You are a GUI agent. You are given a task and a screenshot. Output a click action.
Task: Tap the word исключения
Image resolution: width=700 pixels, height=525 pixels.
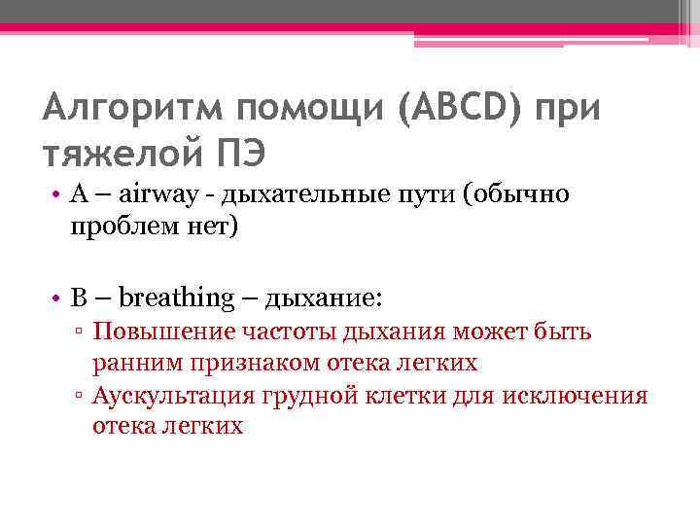click(584, 395)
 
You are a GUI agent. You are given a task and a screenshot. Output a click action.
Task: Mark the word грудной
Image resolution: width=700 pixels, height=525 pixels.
click(302, 395)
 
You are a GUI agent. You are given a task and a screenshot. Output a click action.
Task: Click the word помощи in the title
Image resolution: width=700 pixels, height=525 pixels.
click(310, 106)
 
